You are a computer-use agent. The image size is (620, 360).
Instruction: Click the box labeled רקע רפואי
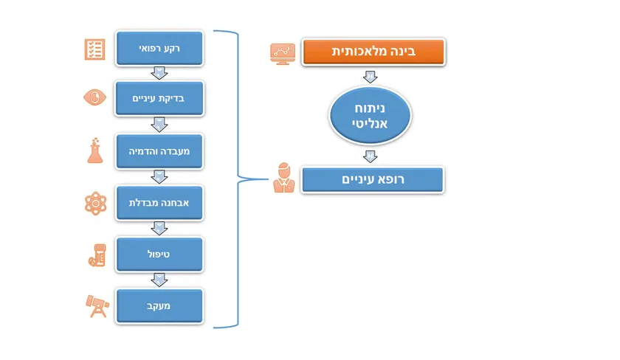[x=159, y=49]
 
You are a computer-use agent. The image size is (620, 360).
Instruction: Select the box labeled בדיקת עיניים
[x=159, y=100]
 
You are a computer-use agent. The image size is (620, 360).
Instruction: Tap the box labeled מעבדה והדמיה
[x=159, y=151]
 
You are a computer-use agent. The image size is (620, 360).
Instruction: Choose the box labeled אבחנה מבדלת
[x=159, y=203]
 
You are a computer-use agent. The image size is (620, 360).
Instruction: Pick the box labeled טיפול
[x=159, y=254]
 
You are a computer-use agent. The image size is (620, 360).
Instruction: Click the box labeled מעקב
[x=159, y=305]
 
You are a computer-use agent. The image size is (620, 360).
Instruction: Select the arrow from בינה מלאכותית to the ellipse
[x=371, y=77]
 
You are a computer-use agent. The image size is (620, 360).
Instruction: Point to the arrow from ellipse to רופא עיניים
[x=371, y=156]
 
